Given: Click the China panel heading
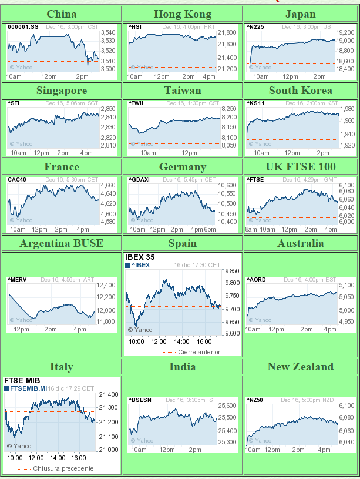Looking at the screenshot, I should point(61,14).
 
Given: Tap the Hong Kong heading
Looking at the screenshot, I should point(182,14).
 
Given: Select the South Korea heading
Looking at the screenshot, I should point(300,90).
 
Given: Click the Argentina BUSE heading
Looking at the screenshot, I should point(61,243).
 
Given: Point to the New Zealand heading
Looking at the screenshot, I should point(300,366).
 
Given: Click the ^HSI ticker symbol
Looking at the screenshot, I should point(135,26).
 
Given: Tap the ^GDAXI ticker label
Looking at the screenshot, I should point(139,180).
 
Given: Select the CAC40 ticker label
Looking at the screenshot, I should point(16,180).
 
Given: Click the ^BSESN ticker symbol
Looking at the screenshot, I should point(140,400).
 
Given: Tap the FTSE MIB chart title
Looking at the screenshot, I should point(22,380).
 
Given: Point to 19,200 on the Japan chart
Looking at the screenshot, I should point(345,32).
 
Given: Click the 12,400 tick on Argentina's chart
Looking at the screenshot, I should point(106,285).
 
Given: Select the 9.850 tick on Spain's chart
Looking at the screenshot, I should point(232,271).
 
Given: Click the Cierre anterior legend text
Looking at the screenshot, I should point(199,352).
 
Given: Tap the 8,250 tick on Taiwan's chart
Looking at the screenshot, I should point(228,109).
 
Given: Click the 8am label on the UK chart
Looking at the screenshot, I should point(251,229).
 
